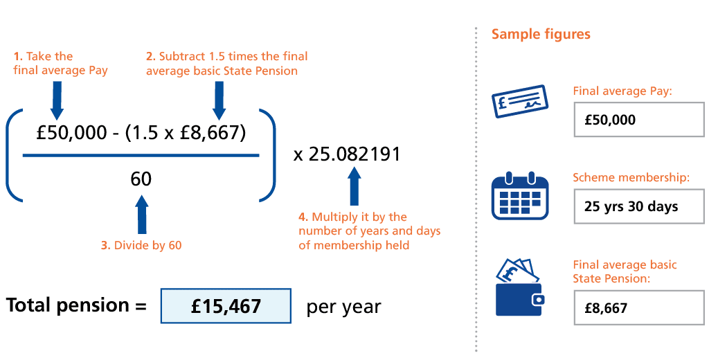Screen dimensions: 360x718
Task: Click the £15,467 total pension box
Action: (x=226, y=306)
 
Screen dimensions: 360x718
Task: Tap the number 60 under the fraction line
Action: (x=141, y=179)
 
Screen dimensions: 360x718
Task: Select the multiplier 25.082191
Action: (x=346, y=154)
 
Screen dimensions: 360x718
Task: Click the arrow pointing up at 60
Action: (x=142, y=214)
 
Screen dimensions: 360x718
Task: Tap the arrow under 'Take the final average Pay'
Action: (x=57, y=100)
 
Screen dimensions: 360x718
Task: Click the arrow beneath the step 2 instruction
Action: (x=219, y=100)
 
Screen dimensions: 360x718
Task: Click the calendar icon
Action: (x=519, y=195)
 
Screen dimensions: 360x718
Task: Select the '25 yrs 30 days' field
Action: (x=638, y=206)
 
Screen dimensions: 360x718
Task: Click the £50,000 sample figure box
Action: (x=638, y=119)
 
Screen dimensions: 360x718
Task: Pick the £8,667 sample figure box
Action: (x=638, y=307)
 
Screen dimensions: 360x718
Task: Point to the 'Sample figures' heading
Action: (x=541, y=35)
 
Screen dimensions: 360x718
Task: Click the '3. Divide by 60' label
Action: (x=141, y=246)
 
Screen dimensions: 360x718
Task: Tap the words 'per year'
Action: (x=343, y=307)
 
